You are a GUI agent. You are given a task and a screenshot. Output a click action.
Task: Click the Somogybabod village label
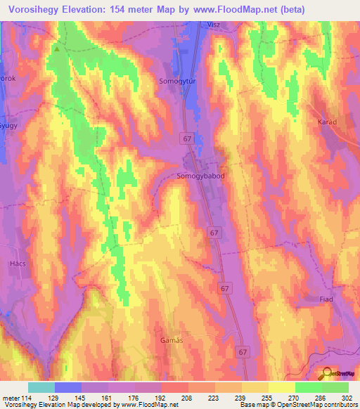click(x=201, y=176)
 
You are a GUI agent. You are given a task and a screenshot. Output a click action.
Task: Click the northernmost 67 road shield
click(x=186, y=138)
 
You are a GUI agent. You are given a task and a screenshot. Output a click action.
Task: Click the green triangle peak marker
click(x=57, y=49)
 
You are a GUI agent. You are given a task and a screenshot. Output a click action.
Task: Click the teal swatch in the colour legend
click(x=41, y=387)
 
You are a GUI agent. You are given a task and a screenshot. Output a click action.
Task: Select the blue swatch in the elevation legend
click(x=68, y=387)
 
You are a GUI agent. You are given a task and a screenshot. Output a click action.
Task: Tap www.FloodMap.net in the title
click(x=254, y=8)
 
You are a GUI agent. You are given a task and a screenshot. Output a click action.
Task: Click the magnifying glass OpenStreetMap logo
click(x=328, y=375)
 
